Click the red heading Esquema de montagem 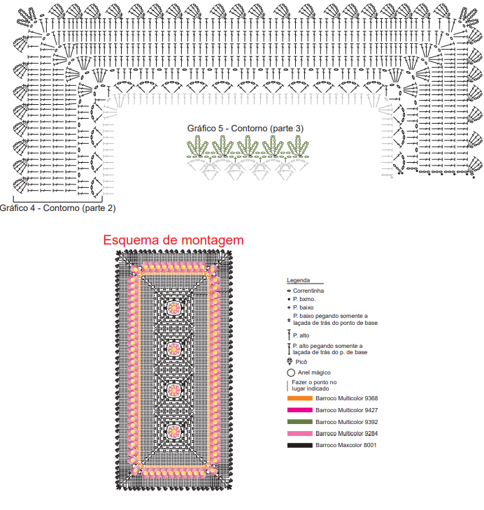click(x=173, y=240)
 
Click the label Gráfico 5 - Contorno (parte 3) click(x=245, y=129)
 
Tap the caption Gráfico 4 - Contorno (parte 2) click(x=57, y=208)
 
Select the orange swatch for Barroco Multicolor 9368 click(x=299, y=398)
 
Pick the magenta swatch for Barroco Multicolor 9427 click(x=299, y=410)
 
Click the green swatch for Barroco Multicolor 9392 click(x=299, y=422)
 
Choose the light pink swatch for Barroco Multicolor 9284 click(x=299, y=434)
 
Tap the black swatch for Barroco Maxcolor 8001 click(x=299, y=445)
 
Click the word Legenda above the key click(x=299, y=280)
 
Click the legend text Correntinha click(x=308, y=291)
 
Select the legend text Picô click(x=301, y=362)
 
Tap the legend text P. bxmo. click(x=304, y=299)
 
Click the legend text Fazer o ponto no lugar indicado click(x=314, y=386)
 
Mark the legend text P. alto click(x=301, y=335)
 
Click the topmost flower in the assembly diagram click(x=174, y=307)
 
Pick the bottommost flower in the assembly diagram click(x=174, y=432)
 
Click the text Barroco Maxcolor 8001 click(x=346, y=445)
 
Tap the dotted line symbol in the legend click(x=287, y=386)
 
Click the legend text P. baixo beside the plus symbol click(x=304, y=307)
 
